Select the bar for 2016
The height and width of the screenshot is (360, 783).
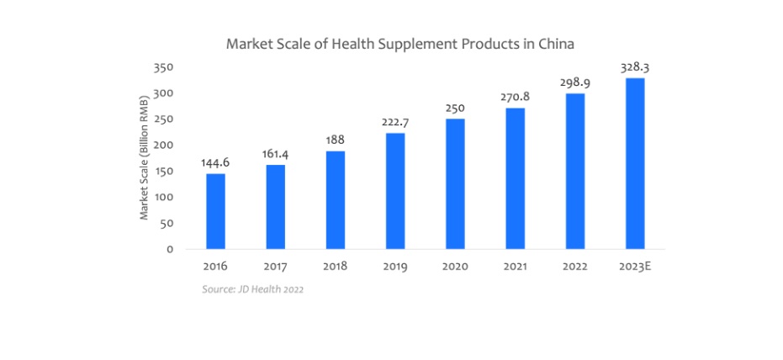pyautogui.click(x=215, y=211)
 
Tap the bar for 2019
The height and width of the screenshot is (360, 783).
pyautogui.click(x=394, y=191)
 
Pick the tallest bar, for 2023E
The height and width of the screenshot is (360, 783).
pyautogui.click(x=634, y=163)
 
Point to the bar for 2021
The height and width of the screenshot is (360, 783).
pyautogui.click(x=515, y=178)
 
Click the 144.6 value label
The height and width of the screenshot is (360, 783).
pyautogui.click(x=215, y=162)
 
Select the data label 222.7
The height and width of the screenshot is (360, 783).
pyautogui.click(x=394, y=122)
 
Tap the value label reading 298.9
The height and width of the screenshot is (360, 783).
pyautogui.click(x=574, y=82)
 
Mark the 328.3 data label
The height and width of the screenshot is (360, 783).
pyautogui.click(x=634, y=67)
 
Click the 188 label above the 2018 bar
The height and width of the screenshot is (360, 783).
pyautogui.click(x=335, y=140)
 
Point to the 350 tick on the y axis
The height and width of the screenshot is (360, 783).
pyautogui.click(x=164, y=66)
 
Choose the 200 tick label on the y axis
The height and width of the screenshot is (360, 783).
pyautogui.click(x=164, y=145)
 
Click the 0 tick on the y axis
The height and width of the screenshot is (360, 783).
pyautogui.click(x=169, y=249)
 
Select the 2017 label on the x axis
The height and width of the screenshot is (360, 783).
pyautogui.click(x=275, y=267)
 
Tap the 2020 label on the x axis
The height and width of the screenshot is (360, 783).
pyautogui.click(x=454, y=267)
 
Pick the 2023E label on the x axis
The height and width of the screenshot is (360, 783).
pyautogui.click(x=634, y=267)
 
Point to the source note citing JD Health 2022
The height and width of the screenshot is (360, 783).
pyautogui.click(x=252, y=289)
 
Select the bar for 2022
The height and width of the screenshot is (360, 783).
pyautogui.click(x=574, y=171)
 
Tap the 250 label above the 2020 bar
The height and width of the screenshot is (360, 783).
pyautogui.click(x=454, y=108)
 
